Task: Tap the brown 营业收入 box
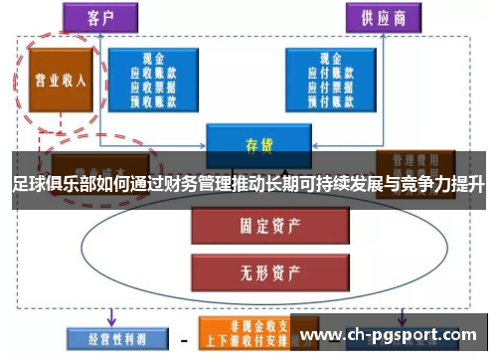[59, 81]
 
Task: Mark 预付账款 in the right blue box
[322, 98]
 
